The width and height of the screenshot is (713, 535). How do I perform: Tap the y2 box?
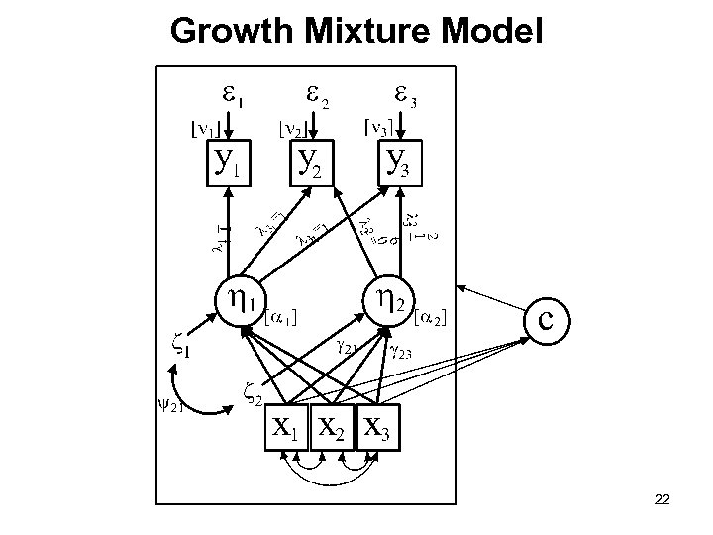(308, 162)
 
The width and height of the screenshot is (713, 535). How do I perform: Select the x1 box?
(286, 427)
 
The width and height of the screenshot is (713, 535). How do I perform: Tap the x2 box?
(332, 427)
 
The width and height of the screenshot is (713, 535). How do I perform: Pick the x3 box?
(376, 427)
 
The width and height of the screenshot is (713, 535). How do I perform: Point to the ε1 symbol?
(230, 96)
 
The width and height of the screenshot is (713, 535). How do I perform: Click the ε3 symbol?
(405, 96)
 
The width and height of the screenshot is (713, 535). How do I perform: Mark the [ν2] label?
(292, 129)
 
